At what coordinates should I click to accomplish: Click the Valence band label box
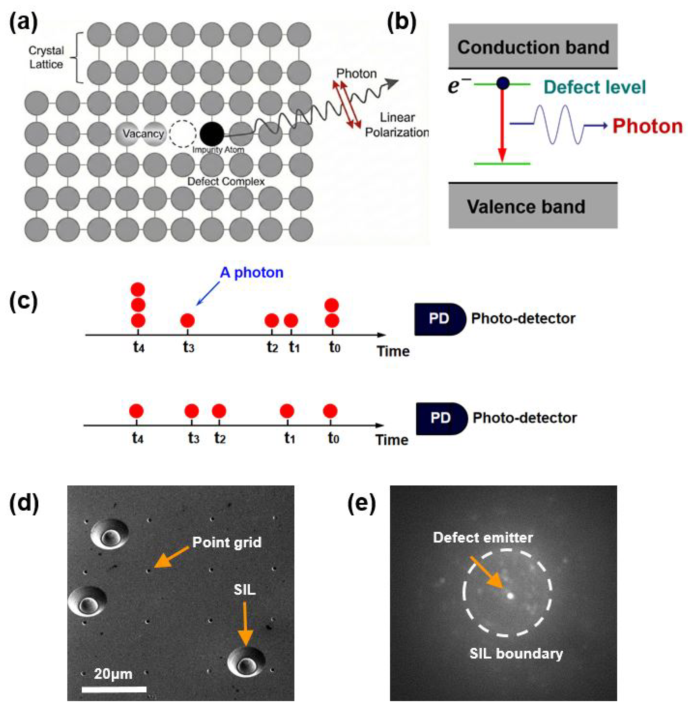533,206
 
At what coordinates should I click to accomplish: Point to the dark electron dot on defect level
503,84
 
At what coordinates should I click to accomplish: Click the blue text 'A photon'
251,272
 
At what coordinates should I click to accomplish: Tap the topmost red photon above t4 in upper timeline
138,289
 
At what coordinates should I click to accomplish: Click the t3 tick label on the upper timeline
188,348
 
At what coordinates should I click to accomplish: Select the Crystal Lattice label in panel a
46,57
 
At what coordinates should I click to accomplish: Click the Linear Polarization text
397,125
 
